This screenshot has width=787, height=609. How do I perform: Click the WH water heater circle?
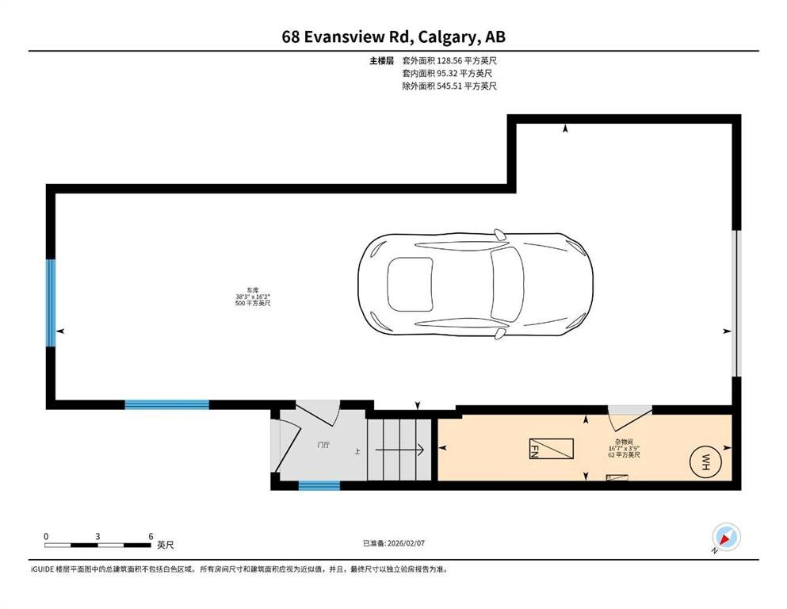point(705,462)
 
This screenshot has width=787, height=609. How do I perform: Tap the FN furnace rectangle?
point(551,449)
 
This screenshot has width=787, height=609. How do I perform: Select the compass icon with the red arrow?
point(726,538)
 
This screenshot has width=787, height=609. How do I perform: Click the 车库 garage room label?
point(253,290)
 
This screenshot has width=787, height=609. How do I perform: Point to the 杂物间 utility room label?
point(624,442)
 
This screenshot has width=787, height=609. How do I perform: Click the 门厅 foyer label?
point(323,445)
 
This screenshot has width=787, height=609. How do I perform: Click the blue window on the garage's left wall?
point(51,303)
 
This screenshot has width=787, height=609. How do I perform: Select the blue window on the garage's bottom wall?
point(166,404)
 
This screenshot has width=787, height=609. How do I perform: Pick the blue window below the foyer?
point(319,485)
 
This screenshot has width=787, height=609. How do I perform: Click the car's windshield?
point(507,284)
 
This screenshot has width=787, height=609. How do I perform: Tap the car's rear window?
point(410,284)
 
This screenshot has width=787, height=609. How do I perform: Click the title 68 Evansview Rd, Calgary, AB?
point(393,36)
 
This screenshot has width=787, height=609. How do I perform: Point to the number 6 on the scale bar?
point(151,536)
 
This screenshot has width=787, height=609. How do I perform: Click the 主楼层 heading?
point(381,61)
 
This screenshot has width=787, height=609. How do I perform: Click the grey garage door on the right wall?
point(736,303)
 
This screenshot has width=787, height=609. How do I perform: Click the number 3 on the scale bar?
point(97,536)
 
